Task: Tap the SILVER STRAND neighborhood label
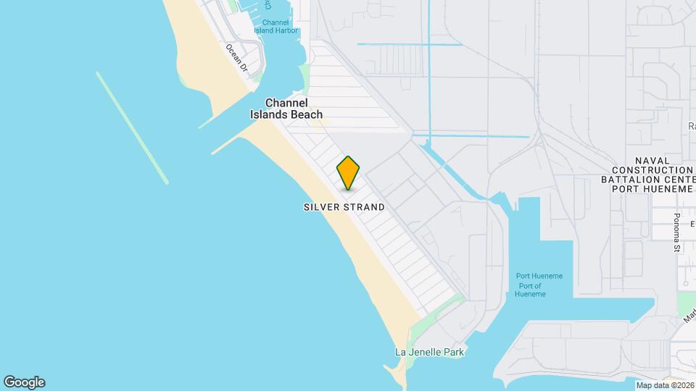(x=344, y=207)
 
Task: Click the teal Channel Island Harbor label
(x=275, y=27)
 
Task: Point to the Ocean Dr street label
(x=236, y=58)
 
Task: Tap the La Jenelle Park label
(x=429, y=352)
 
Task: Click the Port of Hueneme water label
(x=528, y=290)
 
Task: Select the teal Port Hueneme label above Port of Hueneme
(x=539, y=276)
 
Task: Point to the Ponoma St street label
(x=676, y=232)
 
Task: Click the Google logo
(x=24, y=382)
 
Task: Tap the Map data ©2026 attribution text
(x=665, y=385)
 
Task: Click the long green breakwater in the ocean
(x=132, y=127)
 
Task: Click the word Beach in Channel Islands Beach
(x=307, y=114)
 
